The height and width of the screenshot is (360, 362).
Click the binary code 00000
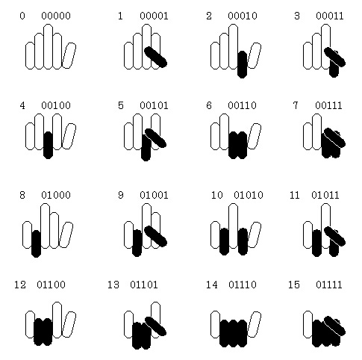(56, 16)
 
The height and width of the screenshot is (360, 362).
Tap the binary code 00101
(154, 105)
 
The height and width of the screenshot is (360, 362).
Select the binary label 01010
(249, 195)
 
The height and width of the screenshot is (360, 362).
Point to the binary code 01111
(329, 285)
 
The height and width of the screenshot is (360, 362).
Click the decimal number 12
(20, 285)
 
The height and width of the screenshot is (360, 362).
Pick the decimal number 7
(296, 105)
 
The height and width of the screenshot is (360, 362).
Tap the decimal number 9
(121, 195)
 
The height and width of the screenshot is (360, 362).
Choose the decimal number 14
(212, 285)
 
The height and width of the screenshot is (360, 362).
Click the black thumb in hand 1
(156, 57)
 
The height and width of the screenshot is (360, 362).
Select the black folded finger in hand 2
(242, 64)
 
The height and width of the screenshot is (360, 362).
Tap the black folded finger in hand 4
(48, 145)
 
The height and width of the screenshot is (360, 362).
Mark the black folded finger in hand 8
(36, 243)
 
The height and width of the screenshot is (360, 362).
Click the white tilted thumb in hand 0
(69, 55)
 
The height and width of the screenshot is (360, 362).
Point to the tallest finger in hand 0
(48, 46)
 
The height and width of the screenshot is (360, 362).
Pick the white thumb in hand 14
(255, 324)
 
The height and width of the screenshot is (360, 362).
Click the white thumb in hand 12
(69, 324)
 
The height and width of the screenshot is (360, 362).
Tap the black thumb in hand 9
(156, 236)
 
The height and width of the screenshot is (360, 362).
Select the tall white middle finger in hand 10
(233, 226)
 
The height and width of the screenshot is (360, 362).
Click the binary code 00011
(330, 16)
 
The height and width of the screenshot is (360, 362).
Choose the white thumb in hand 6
(255, 136)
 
